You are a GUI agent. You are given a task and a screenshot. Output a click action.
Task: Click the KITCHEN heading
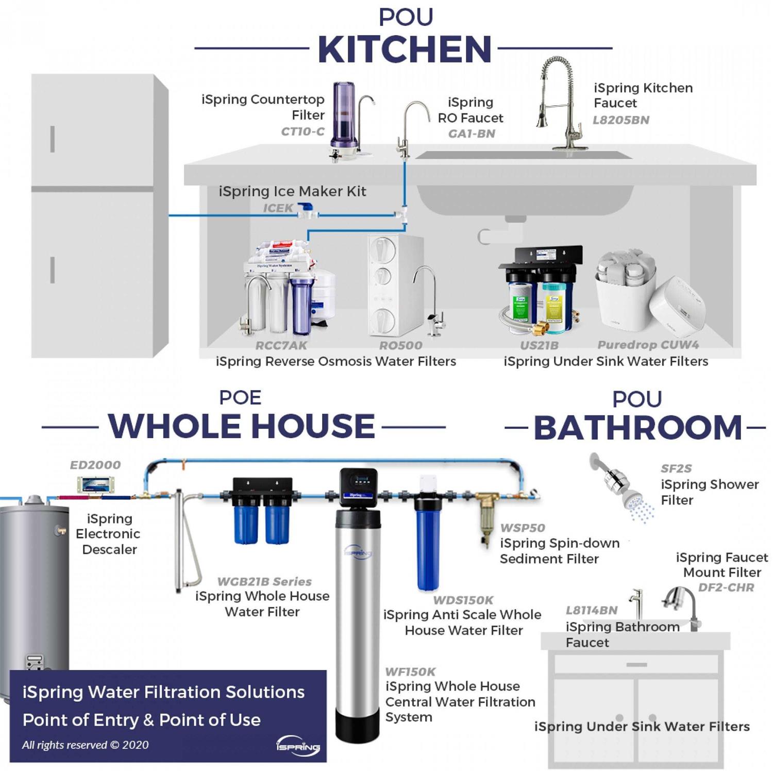coord(405,49)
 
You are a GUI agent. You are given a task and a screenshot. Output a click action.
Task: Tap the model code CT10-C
coord(303,131)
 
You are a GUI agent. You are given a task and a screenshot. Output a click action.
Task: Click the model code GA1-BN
coord(472,134)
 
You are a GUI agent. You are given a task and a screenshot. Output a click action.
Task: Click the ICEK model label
coord(278,208)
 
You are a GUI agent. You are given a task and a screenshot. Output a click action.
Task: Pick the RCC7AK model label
coord(281,345)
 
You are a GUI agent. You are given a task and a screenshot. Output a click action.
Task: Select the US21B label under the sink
coord(539,345)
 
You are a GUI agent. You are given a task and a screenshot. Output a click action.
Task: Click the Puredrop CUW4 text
coord(648,344)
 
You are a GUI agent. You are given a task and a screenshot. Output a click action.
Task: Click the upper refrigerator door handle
coord(52,139)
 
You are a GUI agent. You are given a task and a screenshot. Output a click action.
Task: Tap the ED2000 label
coord(95,465)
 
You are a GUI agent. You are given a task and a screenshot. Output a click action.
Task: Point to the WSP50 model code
coord(522,528)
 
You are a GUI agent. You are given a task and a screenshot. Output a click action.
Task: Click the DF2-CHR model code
coord(726,587)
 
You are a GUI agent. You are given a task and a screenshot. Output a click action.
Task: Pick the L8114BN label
coord(591,611)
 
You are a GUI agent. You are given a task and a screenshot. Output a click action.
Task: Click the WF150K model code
coord(410,672)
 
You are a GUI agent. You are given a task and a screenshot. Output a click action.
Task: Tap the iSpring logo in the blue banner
coord(298,745)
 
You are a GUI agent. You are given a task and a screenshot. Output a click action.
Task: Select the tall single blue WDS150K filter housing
coord(427,541)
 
